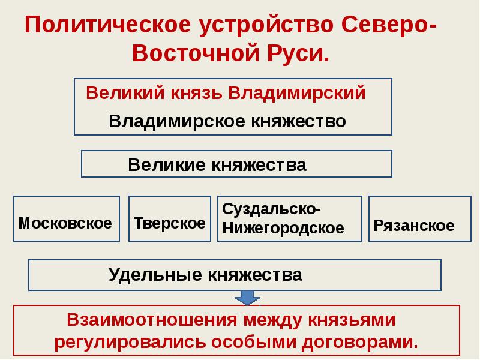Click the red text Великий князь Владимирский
coord(226,94)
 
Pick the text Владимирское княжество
coord(227,121)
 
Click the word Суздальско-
coord(271,210)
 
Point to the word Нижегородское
coord(283,228)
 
